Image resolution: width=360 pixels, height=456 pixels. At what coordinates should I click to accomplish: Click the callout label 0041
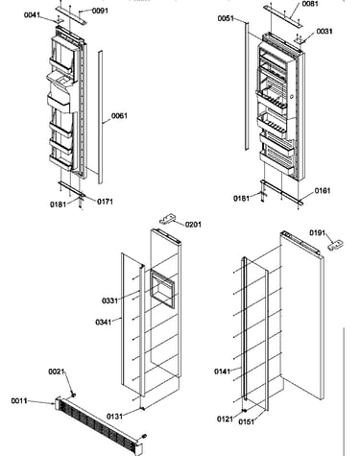(x=32, y=14)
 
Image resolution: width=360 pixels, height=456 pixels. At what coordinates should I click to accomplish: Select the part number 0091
(x=100, y=11)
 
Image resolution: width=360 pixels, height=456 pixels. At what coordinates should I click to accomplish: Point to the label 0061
(x=119, y=115)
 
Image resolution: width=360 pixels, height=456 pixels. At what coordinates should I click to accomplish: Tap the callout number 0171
(x=105, y=202)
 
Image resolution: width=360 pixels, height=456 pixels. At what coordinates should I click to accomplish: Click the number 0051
(x=226, y=18)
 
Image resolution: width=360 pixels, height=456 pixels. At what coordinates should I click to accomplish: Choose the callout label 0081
(x=310, y=4)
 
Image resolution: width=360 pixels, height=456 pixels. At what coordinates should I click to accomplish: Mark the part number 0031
(x=324, y=31)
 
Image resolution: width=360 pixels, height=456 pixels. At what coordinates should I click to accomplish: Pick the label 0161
(x=323, y=191)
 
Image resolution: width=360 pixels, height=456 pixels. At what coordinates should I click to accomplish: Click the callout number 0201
(x=193, y=225)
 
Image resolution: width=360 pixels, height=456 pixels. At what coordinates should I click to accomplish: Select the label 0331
(x=109, y=300)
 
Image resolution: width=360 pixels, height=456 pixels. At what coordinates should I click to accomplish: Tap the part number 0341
(x=104, y=322)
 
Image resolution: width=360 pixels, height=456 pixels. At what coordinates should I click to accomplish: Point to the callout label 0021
(x=57, y=372)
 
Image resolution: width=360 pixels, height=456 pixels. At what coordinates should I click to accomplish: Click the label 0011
(x=19, y=400)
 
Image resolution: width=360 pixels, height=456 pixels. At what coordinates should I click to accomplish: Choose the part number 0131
(x=114, y=416)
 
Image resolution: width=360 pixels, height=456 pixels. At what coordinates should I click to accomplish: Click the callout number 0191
(x=317, y=232)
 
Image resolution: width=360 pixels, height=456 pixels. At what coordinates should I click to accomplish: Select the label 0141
(x=222, y=372)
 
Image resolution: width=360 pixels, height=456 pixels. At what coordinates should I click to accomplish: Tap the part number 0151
(x=247, y=421)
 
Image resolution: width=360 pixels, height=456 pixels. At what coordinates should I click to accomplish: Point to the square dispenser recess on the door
(x=162, y=289)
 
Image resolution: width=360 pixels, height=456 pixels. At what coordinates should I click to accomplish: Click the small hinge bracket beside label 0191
(x=335, y=246)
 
